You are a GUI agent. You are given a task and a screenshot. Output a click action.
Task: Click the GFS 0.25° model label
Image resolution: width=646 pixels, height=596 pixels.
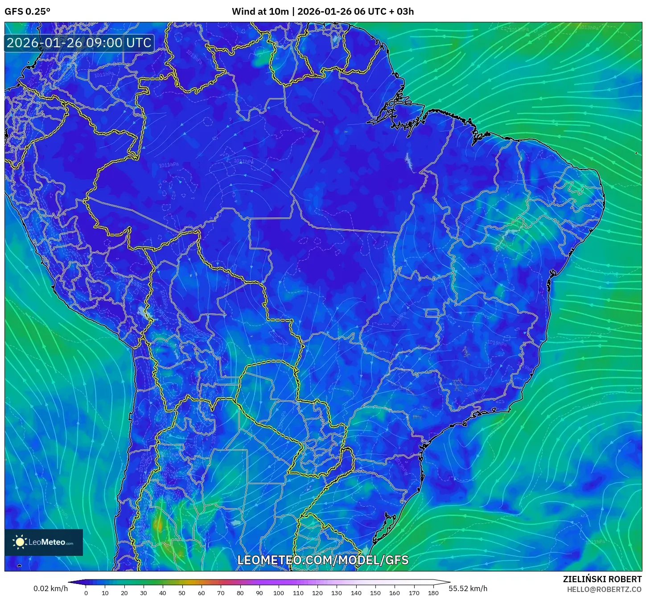(x=27, y=12)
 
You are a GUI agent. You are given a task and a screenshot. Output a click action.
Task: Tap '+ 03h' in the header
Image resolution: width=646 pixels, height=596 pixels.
(x=402, y=12)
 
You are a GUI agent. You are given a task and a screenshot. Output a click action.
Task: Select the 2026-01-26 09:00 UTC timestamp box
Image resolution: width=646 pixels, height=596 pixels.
(x=79, y=43)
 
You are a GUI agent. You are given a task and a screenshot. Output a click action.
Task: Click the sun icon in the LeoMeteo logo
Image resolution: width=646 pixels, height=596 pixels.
(x=20, y=542)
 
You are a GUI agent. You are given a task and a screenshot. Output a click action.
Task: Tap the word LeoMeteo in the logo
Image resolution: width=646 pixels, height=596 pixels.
(x=47, y=543)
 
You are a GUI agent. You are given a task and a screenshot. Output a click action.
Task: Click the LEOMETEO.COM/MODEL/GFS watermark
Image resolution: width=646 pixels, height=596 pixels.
(x=323, y=560)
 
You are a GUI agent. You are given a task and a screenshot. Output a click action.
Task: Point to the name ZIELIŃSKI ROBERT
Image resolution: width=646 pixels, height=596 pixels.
(x=602, y=580)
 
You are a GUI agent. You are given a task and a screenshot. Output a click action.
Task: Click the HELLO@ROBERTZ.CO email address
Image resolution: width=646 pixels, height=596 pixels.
(x=604, y=589)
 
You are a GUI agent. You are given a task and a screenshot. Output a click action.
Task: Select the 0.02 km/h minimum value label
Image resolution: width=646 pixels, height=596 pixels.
(x=50, y=588)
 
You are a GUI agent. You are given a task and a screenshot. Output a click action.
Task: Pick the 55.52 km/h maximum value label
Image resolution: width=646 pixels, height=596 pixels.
(x=468, y=588)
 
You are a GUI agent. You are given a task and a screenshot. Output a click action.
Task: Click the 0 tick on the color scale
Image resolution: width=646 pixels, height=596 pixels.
(x=86, y=593)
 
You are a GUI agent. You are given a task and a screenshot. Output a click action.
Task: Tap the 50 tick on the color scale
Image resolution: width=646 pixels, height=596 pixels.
(x=182, y=593)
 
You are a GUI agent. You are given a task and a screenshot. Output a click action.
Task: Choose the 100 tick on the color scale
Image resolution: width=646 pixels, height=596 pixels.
(x=279, y=593)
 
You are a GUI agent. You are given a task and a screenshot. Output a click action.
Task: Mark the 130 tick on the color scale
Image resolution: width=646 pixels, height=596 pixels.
(x=337, y=593)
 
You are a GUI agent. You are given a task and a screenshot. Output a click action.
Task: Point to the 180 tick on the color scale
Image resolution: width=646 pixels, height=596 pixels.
(x=433, y=593)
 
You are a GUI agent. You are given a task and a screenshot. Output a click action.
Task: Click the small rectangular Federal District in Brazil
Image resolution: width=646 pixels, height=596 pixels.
(x=432, y=313)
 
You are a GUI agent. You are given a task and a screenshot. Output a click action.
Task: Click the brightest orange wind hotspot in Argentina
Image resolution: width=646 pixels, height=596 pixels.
(x=158, y=524)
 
